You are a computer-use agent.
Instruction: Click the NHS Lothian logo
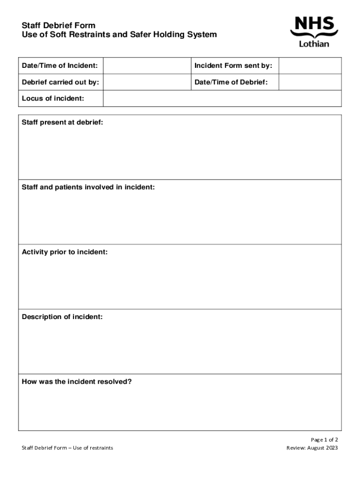pos(314,32)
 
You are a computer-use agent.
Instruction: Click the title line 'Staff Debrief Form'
pos(58,25)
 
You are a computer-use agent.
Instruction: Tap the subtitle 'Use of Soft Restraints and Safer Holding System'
pos(119,35)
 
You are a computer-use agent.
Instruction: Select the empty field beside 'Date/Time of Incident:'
pos(146,66)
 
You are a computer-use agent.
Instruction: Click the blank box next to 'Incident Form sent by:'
pos(310,66)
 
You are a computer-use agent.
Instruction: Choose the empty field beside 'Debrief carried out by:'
pos(146,82)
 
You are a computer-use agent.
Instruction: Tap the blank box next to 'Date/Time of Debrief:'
pos(310,82)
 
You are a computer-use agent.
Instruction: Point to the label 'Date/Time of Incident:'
pos(60,66)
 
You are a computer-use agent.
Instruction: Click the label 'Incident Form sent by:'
pos(233,66)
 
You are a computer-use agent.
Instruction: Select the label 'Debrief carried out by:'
pos(60,82)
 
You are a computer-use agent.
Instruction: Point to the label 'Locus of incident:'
pos(53,98)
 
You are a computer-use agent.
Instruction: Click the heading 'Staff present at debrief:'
pos(63,123)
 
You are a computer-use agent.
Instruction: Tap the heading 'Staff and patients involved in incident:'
pos(88,187)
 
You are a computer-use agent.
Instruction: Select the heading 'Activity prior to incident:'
pos(65,252)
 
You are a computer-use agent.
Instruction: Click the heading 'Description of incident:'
pos(62,317)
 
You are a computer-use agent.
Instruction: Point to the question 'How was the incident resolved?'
pos(77,382)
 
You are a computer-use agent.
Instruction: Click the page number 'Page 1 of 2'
pos(324,440)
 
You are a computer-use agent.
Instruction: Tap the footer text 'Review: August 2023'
pos(312,448)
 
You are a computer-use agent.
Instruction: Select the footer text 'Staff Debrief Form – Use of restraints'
pos(67,448)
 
